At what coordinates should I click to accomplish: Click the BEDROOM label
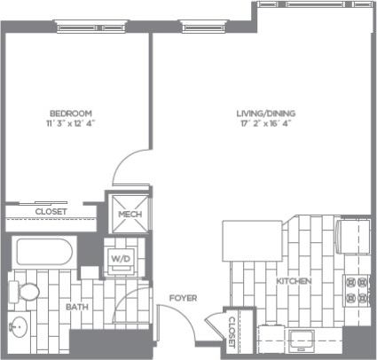(70, 113)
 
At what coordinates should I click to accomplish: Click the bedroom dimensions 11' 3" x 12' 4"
(70, 123)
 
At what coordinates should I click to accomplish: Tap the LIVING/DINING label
(265, 113)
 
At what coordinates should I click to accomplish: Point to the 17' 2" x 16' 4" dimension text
(265, 123)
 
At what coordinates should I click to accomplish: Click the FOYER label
(183, 298)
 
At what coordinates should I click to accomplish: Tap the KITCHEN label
(294, 280)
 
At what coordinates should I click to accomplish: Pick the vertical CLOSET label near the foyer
(231, 331)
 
